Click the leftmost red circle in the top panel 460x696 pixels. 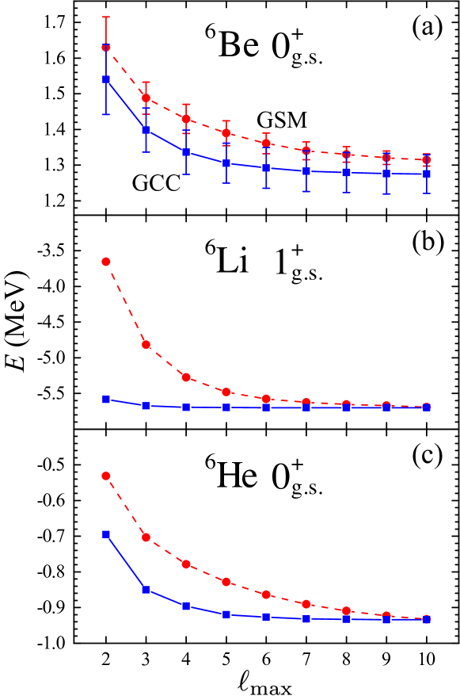click(x=105, y=47)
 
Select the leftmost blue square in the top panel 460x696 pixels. click(x=106, y=79)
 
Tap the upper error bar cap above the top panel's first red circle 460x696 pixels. click(x=105, y=17)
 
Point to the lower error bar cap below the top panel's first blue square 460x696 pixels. click(x=106, y=114)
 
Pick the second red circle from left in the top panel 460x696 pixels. click(x=146, y=98)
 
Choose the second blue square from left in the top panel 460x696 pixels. click(x=146, y=129)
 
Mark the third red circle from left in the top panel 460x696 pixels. click(x=186, y=119)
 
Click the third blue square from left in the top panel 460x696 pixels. click(x=186, y=152)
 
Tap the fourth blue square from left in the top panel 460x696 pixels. click(x=226, y=163)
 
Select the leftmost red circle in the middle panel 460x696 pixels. click(x=105, y=262)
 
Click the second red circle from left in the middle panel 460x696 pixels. click(x=146, y=344)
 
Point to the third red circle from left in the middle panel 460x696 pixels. click(x=186, y=377)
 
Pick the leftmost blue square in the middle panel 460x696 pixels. click(x=106, y=400)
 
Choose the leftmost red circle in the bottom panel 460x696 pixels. click(x=105, y=476)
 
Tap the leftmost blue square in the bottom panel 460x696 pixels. click(x=106, y=534)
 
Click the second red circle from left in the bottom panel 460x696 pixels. click(x=146, y=537)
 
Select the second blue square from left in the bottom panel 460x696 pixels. click(x=146, y=590)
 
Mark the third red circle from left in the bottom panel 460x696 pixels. click(x=186, y=564)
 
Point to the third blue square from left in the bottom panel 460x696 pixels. click(x=186, y=606)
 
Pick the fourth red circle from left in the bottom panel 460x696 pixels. click(x=226, y=582)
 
